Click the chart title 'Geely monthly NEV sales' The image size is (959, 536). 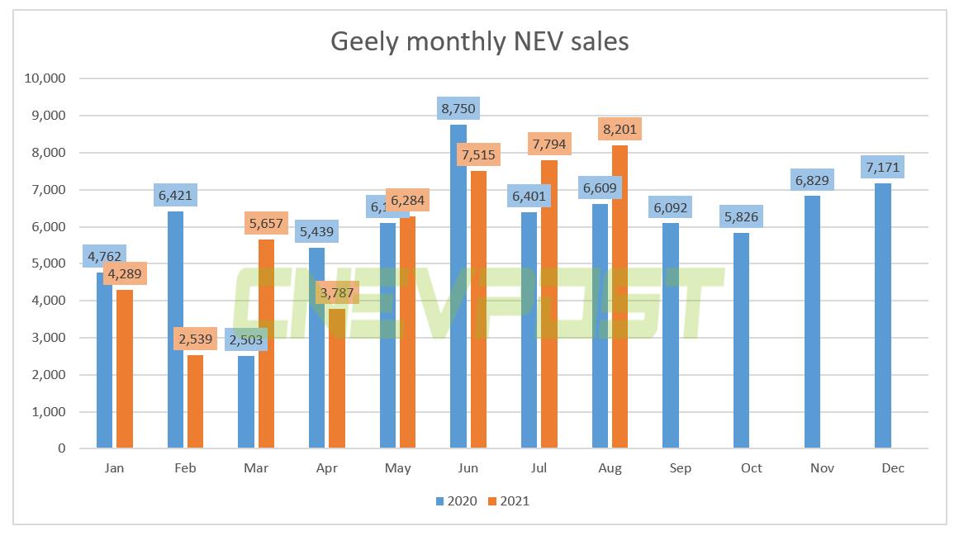pyautogui.click(x=479, y=41)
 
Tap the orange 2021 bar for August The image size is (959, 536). pyautogui.click(x=620, y=297)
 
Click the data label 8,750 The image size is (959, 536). pyautogui.click(x=458, y=108)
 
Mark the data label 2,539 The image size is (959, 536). pyautogui.click(x=195, y=339)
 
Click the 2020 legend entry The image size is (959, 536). pyautogui.click(x=456, y=500)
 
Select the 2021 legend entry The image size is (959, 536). pyautogui.click(x=508, y=500)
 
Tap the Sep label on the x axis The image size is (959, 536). pyautogui.click(x=681, y=468)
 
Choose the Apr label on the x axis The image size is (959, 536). pyautogui.click(x=326, y=468)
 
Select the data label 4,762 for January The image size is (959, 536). pyautogui.click(x=104, y=256)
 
